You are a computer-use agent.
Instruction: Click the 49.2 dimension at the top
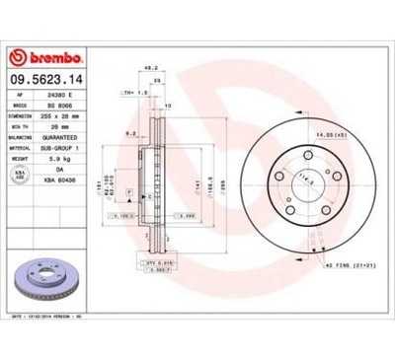(151, 69)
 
